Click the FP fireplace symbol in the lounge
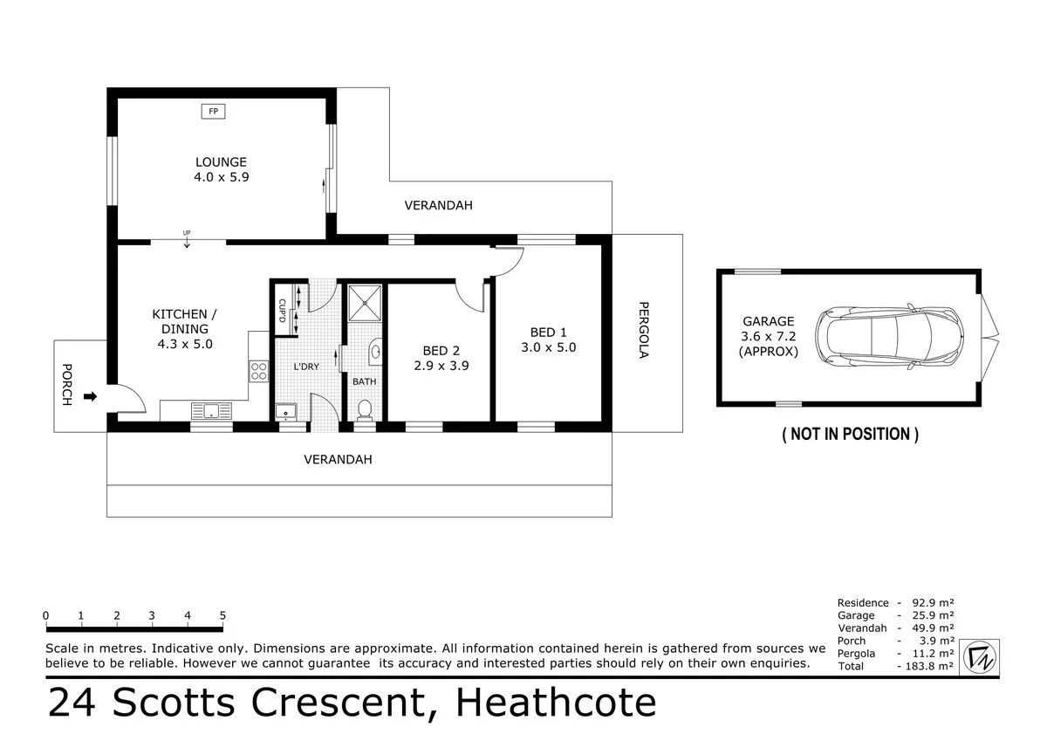coord(212,111)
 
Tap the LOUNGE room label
coord(221,161)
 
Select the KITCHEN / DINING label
coord(180,321)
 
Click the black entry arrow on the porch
coord(90,396)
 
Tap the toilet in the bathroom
coord(365,408)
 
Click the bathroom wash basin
coord(375,351)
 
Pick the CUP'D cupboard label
coord(281,310)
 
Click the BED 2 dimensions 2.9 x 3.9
coord(441,366)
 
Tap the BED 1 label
coord(549,332)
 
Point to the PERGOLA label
coord(644,331)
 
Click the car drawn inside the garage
coord(889,336)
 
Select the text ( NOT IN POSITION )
coord(850,434)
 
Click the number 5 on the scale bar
coord(222,615)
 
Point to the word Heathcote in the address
coord(558,703)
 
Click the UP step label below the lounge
coord(187,232)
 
